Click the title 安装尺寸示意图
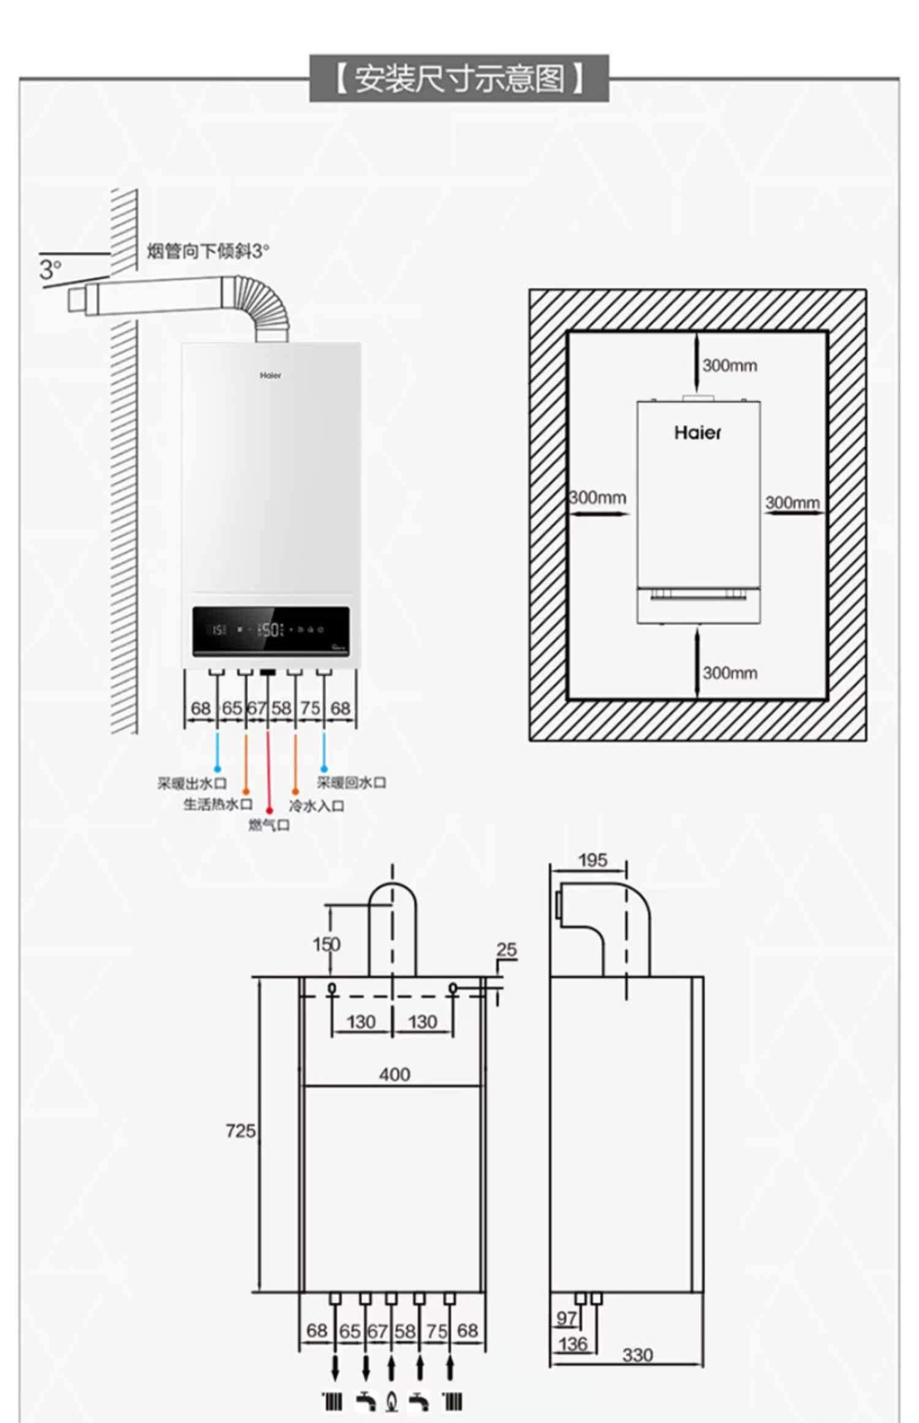pyautogui.click(x=459, y=78)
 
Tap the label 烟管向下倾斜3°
pyautogui.click(x=208, y=251)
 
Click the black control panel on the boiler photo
pyautogui.click(x=271, y=631)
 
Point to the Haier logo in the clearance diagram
pyautogui.click(x=697, y=433)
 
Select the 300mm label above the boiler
pyautogui.click(x=729, y=366)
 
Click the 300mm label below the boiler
pyautogui.click(x=729, y=673)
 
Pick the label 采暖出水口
pyautogui.click(x=192, y=783)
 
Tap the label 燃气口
pyautogui.click(x=269, y=825)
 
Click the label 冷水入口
pyautogui.click(x=316, y=805)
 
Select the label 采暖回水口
pyautogui.click(x=351, y=783)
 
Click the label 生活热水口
pyautogui.click(x=217, y=804)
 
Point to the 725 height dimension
pyautogui.click(x=240, y=1131)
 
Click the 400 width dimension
pyautogui.click(x=395, y=1074)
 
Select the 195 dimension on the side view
pyautogui.click(x=592, y=860)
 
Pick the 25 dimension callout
pyautogui.click(x=507, y=949)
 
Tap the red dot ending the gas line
pyautogui.click(x=269, y=811)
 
